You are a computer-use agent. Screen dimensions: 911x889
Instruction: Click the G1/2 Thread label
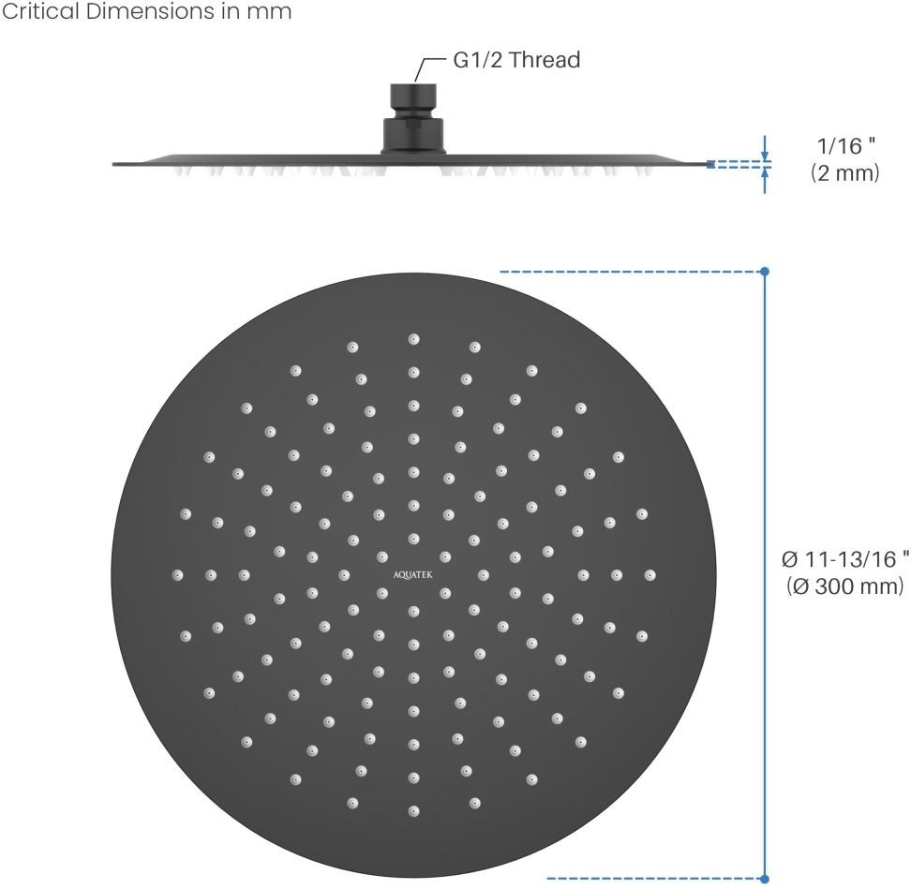516,60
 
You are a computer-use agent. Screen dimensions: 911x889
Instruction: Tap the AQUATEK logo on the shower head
413,575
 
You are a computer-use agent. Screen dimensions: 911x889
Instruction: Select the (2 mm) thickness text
844,173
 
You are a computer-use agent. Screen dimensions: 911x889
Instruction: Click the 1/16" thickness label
846,145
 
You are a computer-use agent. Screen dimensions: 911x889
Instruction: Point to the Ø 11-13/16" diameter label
845,559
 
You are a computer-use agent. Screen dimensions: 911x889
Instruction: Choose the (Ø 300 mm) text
845,585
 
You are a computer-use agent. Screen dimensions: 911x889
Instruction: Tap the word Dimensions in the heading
151,11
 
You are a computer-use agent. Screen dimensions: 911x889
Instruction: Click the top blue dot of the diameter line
765,271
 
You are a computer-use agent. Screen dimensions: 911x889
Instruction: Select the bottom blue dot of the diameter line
765,879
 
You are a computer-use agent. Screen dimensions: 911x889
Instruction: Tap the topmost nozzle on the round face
413,339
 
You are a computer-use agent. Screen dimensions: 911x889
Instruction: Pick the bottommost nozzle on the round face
413,811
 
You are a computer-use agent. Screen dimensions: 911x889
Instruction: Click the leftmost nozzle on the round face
178,575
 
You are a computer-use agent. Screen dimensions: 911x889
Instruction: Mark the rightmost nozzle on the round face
650,575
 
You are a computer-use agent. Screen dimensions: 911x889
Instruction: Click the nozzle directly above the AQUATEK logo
413,540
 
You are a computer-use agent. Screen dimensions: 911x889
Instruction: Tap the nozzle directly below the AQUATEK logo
413,611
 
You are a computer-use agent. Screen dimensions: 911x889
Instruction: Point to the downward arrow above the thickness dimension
765,148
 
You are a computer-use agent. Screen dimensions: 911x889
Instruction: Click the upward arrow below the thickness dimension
765,180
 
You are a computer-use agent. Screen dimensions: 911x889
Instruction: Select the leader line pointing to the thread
428,69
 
